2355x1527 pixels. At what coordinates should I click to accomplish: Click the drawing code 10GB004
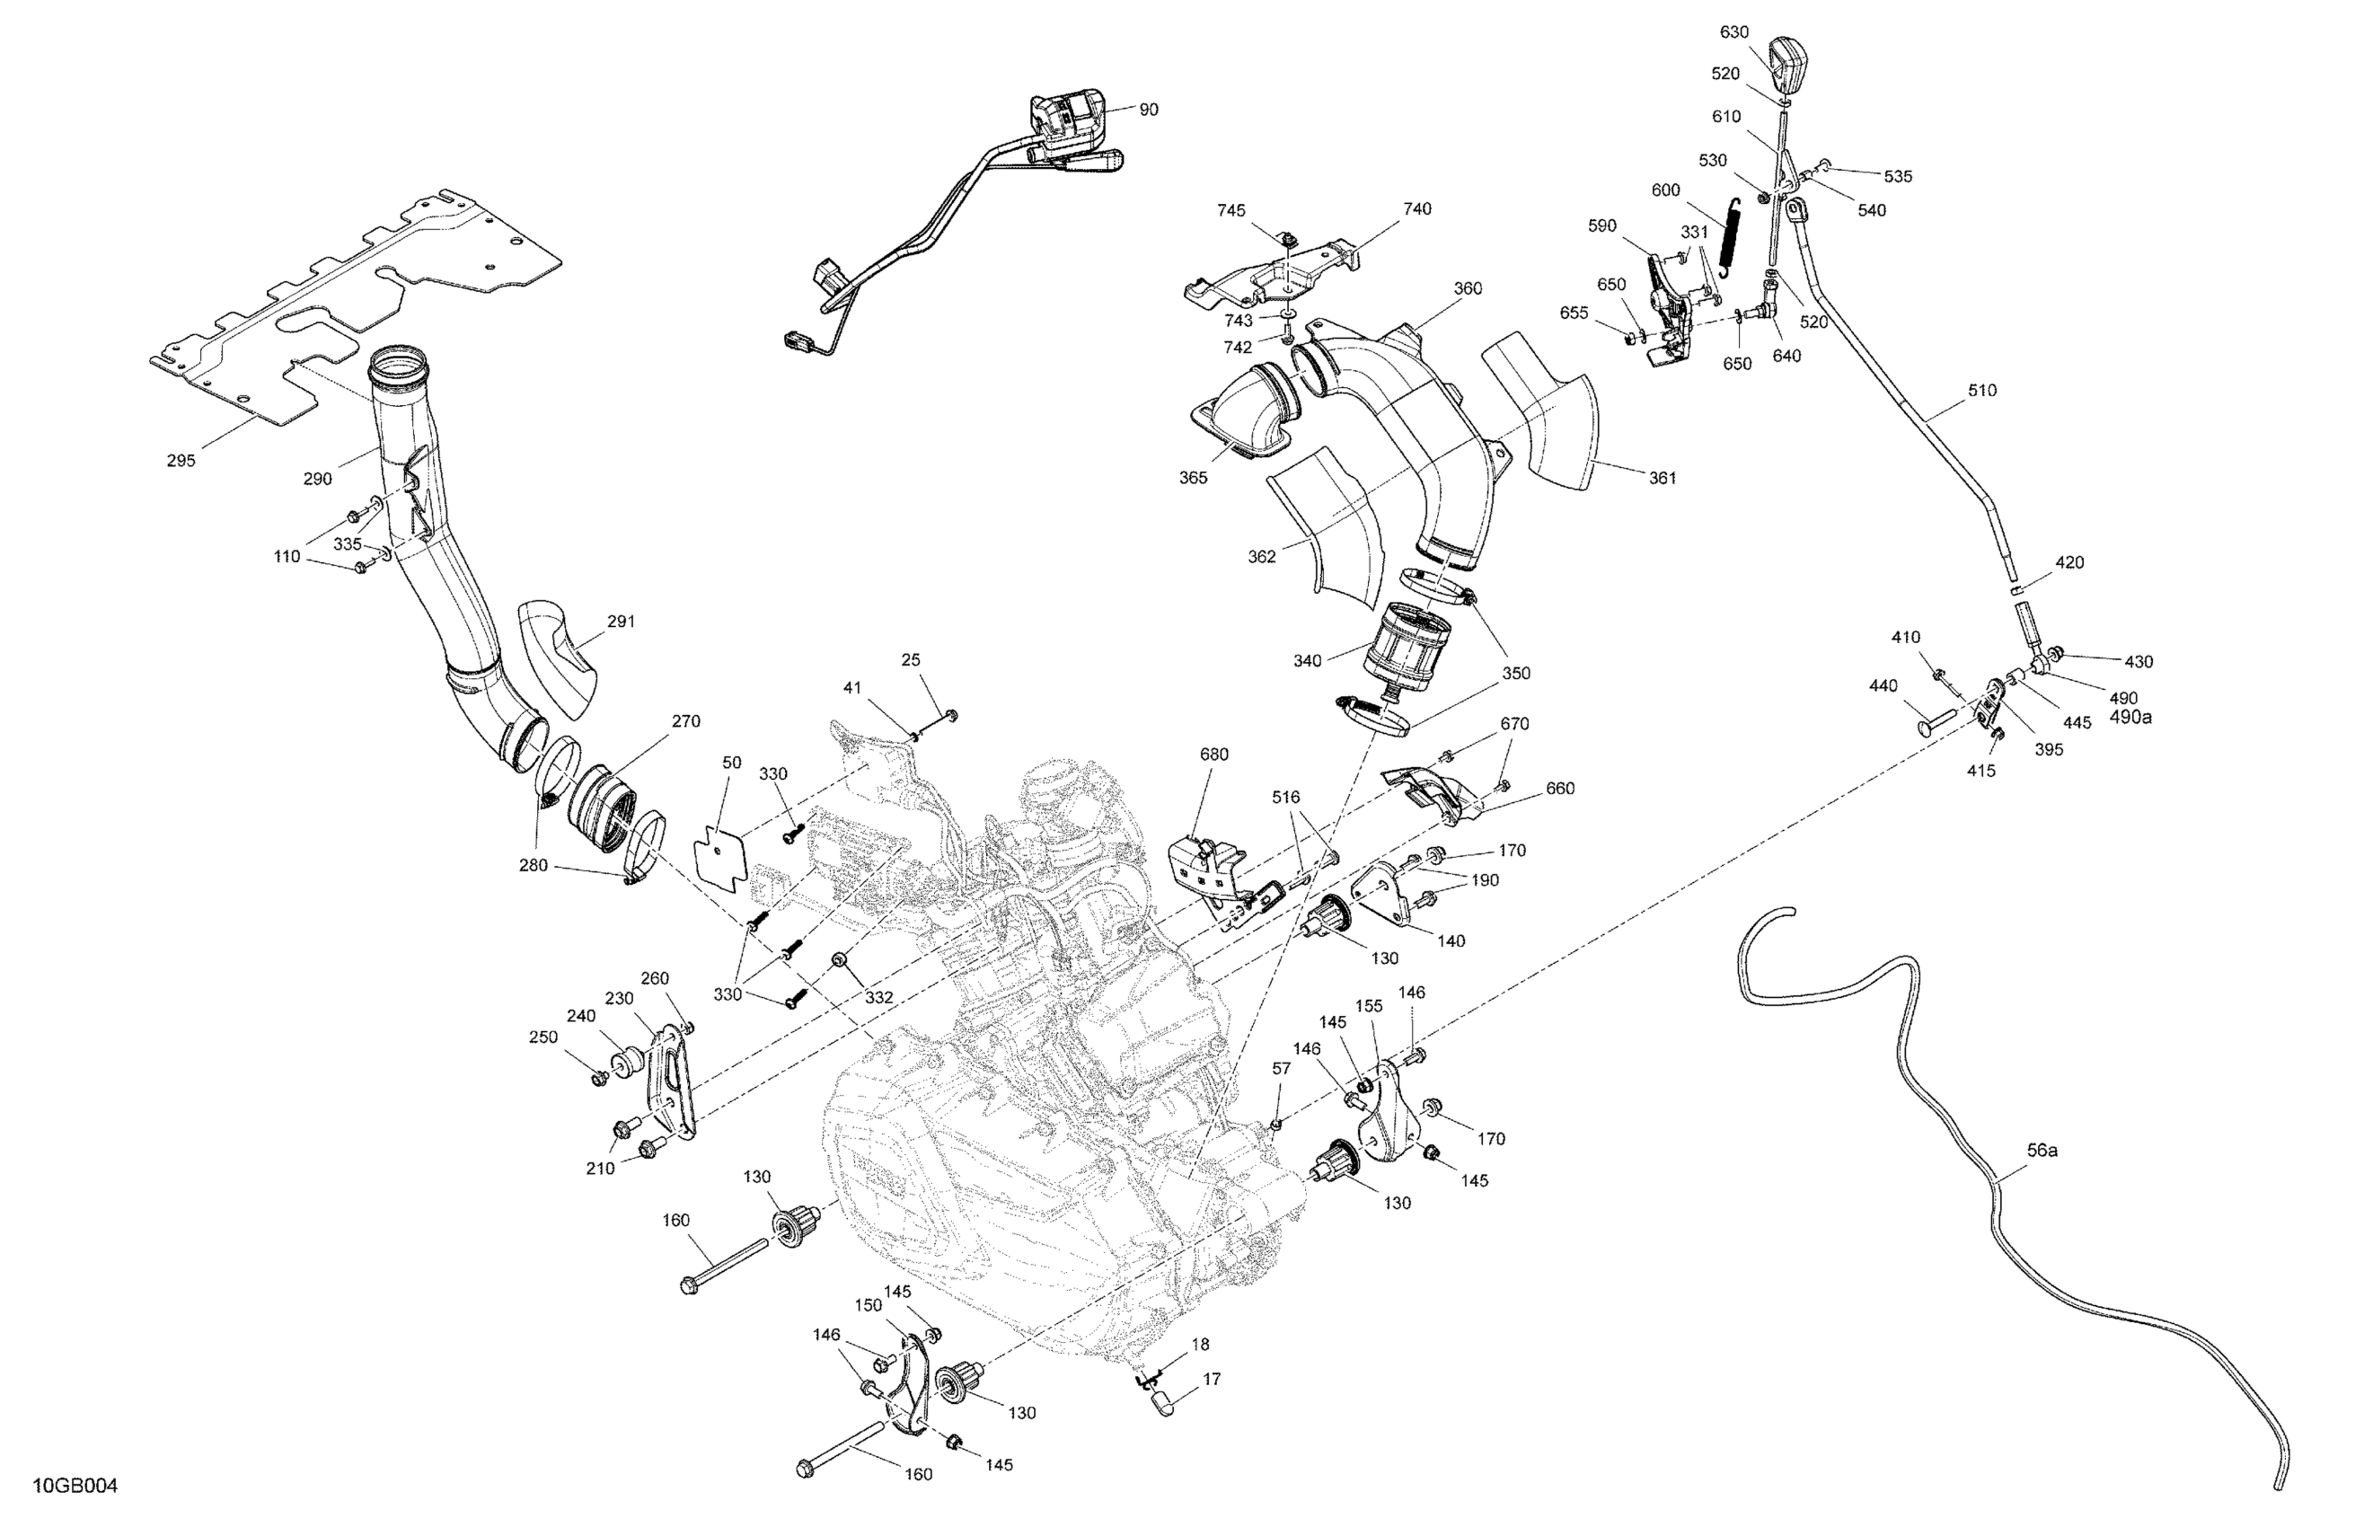coord(75,1487)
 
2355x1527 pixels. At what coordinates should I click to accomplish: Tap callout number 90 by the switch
coord(1148,110)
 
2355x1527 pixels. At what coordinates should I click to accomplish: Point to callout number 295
coord(181,460)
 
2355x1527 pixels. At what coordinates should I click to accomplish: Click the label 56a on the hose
coord(2042,1151)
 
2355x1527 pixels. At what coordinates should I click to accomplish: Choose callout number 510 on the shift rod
coord(1982,391)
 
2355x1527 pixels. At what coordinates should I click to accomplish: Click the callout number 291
coord(621,622)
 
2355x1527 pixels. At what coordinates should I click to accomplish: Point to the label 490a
coord(2130,717)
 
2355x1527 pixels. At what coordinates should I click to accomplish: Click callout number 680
coord(1214,755)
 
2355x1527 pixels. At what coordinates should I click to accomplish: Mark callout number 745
coord(1232,211)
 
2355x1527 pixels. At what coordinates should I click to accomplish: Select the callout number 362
coord(1262,557)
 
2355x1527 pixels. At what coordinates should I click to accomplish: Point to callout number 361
coord(1663,478)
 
